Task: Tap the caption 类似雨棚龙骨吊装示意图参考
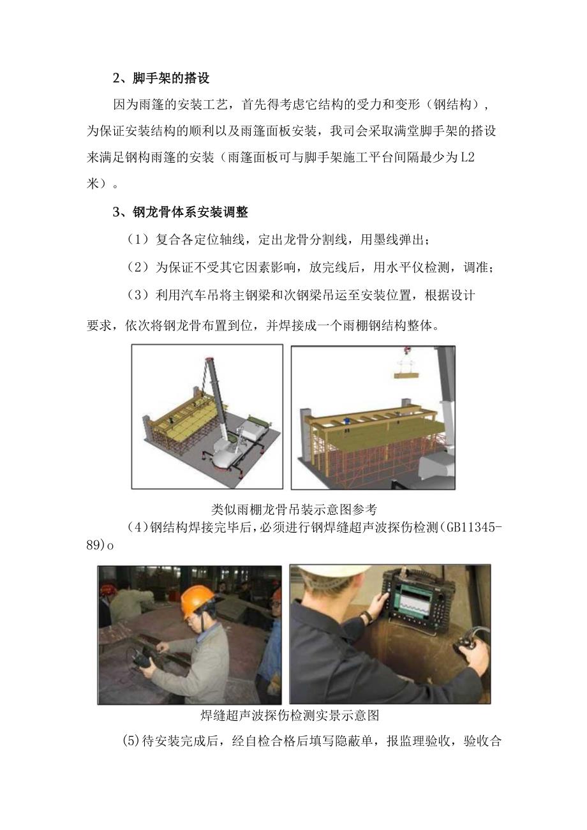293,508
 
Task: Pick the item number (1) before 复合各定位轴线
138,241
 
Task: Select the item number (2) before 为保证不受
138,269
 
